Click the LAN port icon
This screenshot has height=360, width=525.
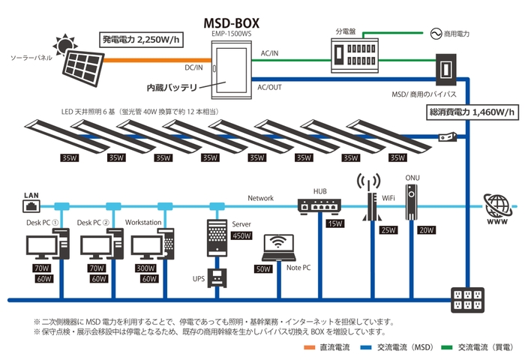point(31,204)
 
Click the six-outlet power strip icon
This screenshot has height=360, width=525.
point(466,301)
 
